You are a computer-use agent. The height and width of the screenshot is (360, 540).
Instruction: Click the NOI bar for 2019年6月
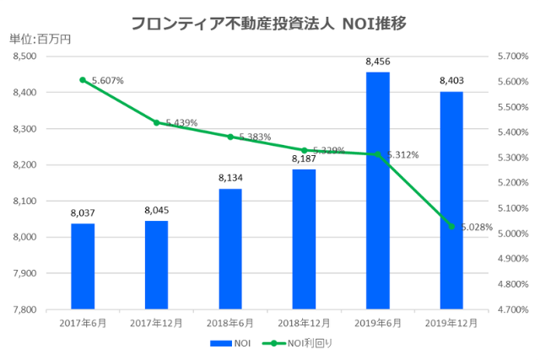[x=378, y=191]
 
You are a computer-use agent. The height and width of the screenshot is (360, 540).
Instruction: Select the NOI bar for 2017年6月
[x=83, y=266]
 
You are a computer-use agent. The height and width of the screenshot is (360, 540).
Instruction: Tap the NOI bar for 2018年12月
[x=304, y=239]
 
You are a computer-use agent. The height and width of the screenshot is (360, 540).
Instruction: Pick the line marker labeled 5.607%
[x=83, y=80]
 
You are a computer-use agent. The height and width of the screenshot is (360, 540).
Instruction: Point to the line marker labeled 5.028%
[x=451, y=226]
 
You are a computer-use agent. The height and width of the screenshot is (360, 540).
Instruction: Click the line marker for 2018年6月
[x=230, y=137]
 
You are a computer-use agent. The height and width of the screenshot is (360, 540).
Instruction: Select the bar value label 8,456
[x=378, y=62]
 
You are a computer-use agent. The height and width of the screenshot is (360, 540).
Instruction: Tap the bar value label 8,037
[x=83, y=213]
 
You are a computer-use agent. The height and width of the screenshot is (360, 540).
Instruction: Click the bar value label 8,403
[x=451, y=81]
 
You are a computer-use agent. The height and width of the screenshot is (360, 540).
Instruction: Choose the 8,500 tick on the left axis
[x=27, y=56]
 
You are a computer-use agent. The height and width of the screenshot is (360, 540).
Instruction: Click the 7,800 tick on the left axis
[x=27, y=309]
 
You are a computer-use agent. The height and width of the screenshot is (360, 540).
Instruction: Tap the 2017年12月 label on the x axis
[x=156, y=322]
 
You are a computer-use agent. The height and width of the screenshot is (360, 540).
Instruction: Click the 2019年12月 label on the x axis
[x=451, y=322]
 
